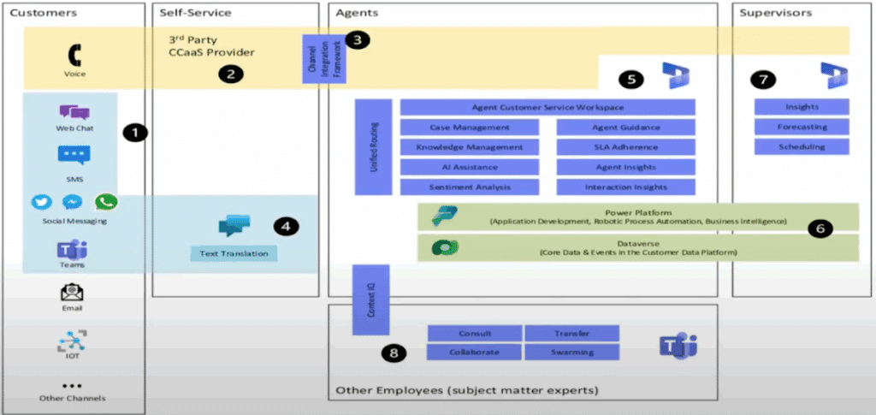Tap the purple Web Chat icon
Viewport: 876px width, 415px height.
pos(74,112)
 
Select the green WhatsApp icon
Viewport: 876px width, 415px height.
pos(106,202)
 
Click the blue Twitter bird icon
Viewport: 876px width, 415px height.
pos(42,203)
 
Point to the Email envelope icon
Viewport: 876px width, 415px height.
pos(74,291)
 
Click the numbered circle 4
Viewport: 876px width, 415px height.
pos(285,227)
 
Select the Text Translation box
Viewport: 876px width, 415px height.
pos(234,253)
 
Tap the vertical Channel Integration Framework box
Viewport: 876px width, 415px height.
pos(312,59)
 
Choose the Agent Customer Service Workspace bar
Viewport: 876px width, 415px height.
pos(547,108)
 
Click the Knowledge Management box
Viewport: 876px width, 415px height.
pos(470,147)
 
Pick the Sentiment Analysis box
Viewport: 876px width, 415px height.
pos(470,187)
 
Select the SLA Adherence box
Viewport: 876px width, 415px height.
pos(625,147)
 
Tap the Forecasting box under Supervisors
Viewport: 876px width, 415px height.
pos(802,127)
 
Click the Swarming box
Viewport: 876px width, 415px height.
pos(571,352)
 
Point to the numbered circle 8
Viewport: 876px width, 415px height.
pos(394,352)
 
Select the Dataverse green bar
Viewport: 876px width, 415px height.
pos(637,247)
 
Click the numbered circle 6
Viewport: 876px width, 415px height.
pos(820,228)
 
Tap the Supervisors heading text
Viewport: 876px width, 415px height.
pos(777,13)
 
